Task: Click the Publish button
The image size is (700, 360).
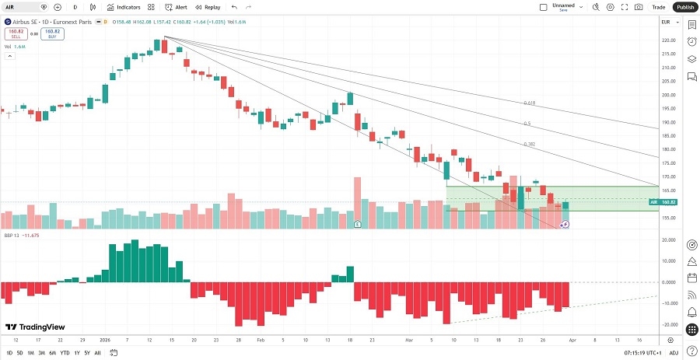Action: [x=684, y=7]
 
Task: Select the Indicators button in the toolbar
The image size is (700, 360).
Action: [x=124, y=7]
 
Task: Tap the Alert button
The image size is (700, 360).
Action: [x=176, y=7]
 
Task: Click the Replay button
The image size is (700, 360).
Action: [x=208, y=7]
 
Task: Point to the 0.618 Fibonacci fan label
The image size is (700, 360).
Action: [x=529, y=103]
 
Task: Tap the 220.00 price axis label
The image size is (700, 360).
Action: [x=667, y=40]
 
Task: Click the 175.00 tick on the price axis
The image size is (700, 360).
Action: [x=667, y=163]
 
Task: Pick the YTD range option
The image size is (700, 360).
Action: [x=65, y=352]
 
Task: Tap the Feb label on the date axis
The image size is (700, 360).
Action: [x=261, y=341]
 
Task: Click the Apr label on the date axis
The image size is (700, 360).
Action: [x=573, y=341]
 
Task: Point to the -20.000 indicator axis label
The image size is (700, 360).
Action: [x=667, y=325]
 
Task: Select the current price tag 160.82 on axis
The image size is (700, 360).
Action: [x=667, y=201]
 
